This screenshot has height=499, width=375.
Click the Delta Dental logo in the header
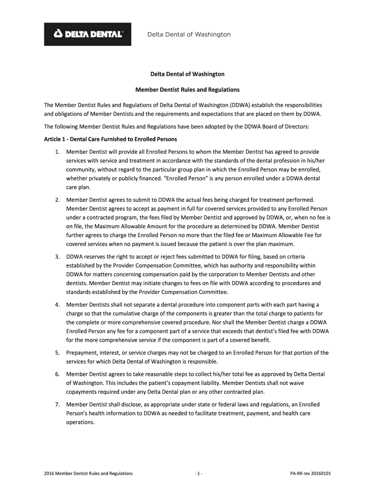coord(88,35)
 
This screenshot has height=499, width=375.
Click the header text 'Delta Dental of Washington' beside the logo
coord(189,35)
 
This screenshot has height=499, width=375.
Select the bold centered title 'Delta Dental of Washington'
coord(187,74)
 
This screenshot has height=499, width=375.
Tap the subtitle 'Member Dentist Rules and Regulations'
coord(187,90)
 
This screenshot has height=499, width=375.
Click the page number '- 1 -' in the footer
coord(194,473)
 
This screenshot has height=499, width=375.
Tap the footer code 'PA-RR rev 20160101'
coord(310,473)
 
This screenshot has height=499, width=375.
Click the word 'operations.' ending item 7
coord(80,422)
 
